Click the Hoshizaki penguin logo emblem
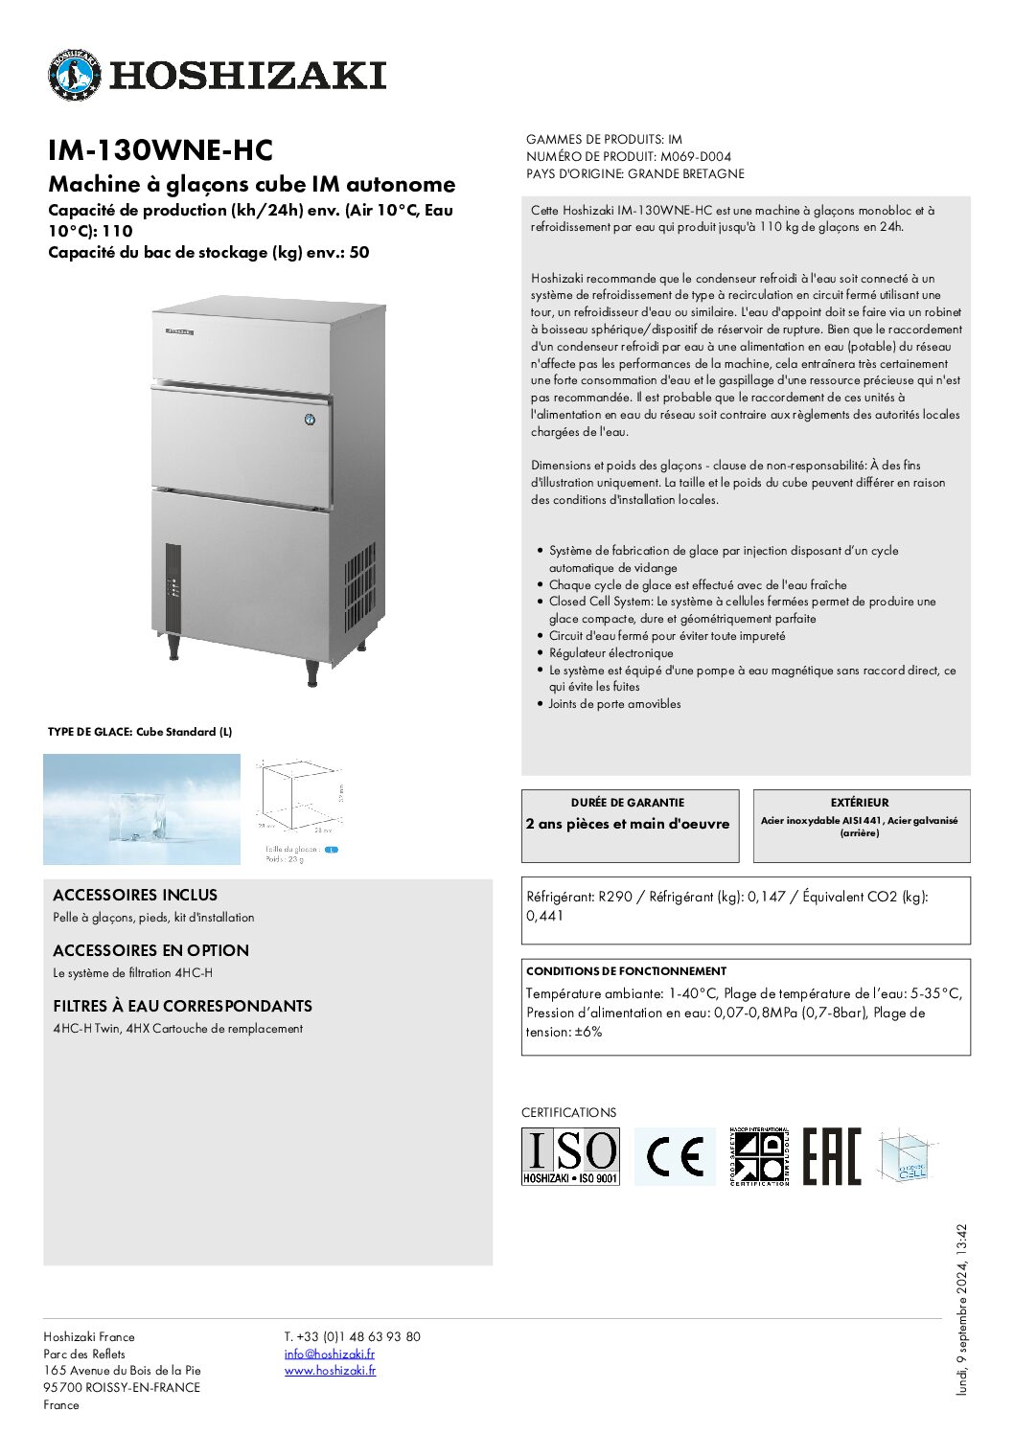click(74, 75)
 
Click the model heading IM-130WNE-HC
click(160, 150)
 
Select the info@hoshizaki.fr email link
click(329, 1354)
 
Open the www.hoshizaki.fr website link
click(330, 1371)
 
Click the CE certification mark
click(675, 1156)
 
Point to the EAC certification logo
click(831, 1156)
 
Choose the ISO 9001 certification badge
click(570, 1156)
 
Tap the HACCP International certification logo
click(758, 1156)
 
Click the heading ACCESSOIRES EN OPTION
click(150, 950)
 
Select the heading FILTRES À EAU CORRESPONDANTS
click(182, 1006)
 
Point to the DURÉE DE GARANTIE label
click(628, 803)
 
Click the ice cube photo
click(142, 809)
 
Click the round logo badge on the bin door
click(310, 420)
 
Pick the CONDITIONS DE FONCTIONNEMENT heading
click(626, 971)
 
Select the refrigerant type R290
click(615, 897)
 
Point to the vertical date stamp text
click(962, 1309)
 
